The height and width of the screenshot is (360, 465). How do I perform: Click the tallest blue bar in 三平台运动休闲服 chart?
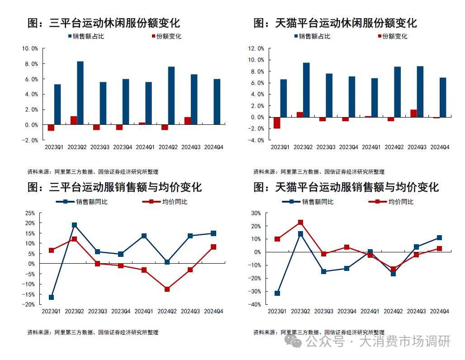[x=80, y=93]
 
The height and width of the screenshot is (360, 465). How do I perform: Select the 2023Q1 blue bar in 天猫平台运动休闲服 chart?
[x=284, y=98]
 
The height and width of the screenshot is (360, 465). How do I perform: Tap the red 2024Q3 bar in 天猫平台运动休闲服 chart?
[x=413, y=113]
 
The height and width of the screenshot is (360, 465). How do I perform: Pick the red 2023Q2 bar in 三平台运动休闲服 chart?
[x=74, y=120]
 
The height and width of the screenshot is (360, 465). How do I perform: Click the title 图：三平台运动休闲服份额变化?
[x=104, y=23]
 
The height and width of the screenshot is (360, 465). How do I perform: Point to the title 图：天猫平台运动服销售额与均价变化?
[x=346, y=187]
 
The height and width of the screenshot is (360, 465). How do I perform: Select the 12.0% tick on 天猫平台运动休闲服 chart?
[x=256, y=48]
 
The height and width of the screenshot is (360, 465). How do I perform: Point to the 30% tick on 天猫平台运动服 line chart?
[x=256, y=213]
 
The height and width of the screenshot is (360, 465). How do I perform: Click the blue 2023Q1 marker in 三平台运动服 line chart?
[x=51, y=297]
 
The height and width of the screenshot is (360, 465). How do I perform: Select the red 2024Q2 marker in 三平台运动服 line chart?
[x=167, y=289]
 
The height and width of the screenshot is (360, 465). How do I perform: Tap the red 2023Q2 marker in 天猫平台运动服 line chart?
[x=300, y=223]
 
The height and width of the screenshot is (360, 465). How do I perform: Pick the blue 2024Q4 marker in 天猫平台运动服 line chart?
[x=439, y=238]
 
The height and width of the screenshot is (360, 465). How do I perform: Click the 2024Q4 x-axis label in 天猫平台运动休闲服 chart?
[x=439, y=147]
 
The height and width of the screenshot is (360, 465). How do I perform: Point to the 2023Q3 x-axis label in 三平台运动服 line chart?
[x=98, y=311]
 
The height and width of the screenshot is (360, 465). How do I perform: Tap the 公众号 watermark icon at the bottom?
[x=296, y=342]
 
